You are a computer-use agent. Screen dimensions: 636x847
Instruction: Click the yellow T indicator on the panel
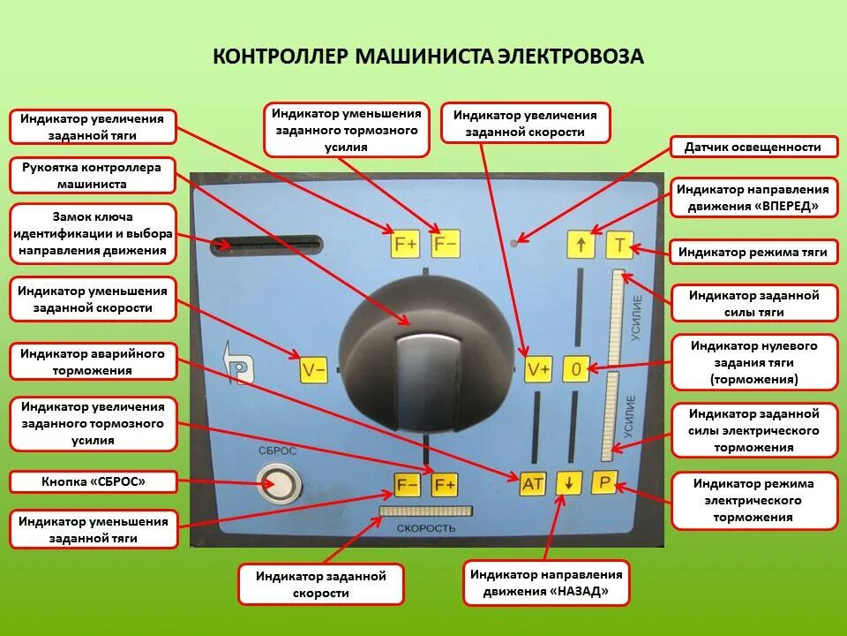pyautogui.click(x=619, y=245)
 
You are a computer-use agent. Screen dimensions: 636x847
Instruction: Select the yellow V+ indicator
pyautogui.click(x=538, y=369)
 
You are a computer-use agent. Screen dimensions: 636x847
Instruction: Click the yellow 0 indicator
pyautogui.click(x=575, y=369)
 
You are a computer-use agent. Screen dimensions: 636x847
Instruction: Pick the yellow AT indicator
pyautogui.click(x=533, y=483)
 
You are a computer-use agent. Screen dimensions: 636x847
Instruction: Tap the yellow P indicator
pyautogui.click(x=604, y=482)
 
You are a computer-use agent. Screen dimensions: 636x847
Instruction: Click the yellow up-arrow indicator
pyautogui.click(x=580, y=245)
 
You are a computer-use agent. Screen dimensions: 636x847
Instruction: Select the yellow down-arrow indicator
pyautogui.click(x=569, y=483)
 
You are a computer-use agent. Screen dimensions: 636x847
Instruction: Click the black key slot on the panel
pyautogui.click(x=266, y=244)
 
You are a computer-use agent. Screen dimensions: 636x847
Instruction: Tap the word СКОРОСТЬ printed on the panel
pyautogui.click(x=425, y=528)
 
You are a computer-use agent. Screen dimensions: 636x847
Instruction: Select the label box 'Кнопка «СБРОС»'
pyautogui.click(x=93, y=481)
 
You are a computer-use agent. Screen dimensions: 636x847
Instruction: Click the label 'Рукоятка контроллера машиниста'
pyautogui.click(x=92, y=176)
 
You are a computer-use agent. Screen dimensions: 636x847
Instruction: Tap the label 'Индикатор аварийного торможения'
pyautogui.click(x=93, y=362)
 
